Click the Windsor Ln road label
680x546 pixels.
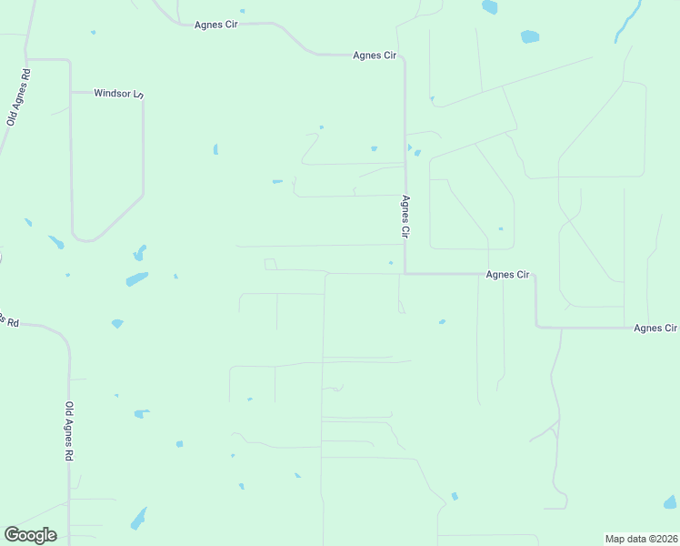pos(119,94)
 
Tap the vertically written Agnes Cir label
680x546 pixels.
pos(406,217)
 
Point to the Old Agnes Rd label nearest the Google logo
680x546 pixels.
pos(68,432)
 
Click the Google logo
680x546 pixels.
pos(30,535)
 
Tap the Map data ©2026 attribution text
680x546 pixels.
pos(641,539)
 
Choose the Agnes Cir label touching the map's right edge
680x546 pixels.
pos(655,328)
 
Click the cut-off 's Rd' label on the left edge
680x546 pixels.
pos(8,320)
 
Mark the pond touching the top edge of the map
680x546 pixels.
pos(490,7)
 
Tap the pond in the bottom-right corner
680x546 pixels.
pos(670,501)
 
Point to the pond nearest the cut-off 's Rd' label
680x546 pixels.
pos(116,323)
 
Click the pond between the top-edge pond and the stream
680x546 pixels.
pos(529,37)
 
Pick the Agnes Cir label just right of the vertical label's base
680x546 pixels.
pos(507,274)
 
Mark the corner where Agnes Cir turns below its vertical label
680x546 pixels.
pos(405,273)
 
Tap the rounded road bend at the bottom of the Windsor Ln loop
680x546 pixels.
pos(85,239)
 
